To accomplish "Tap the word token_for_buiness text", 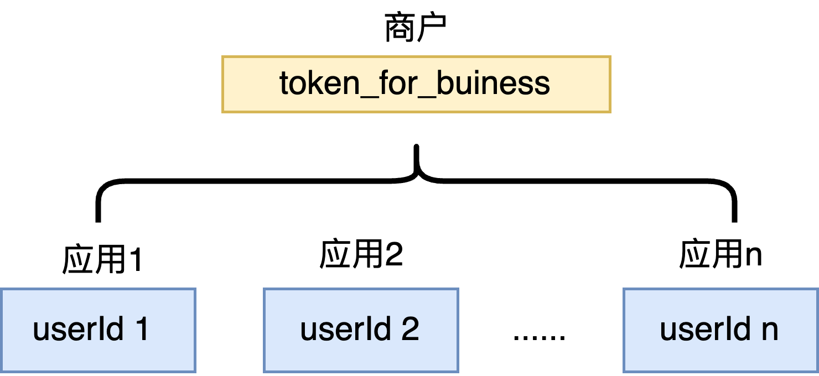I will click(415, 84).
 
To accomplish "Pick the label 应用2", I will click(361, 255).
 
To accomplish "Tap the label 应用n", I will click(720, 255).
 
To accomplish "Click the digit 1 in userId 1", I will click(142, 330).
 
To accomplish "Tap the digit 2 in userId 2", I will click(409, 330).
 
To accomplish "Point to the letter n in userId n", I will click(769, 331).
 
